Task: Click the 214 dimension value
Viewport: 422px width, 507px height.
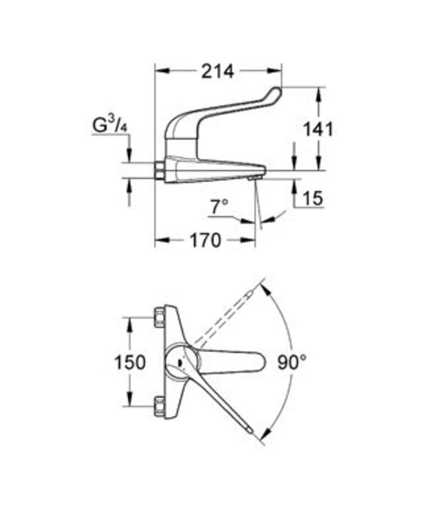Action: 217,72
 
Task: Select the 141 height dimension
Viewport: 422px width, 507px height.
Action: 318,130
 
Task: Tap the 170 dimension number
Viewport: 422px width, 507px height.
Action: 205,240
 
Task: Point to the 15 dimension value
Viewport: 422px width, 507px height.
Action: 313,197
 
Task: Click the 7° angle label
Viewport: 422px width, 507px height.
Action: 219,207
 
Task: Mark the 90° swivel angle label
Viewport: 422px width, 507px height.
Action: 292,362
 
